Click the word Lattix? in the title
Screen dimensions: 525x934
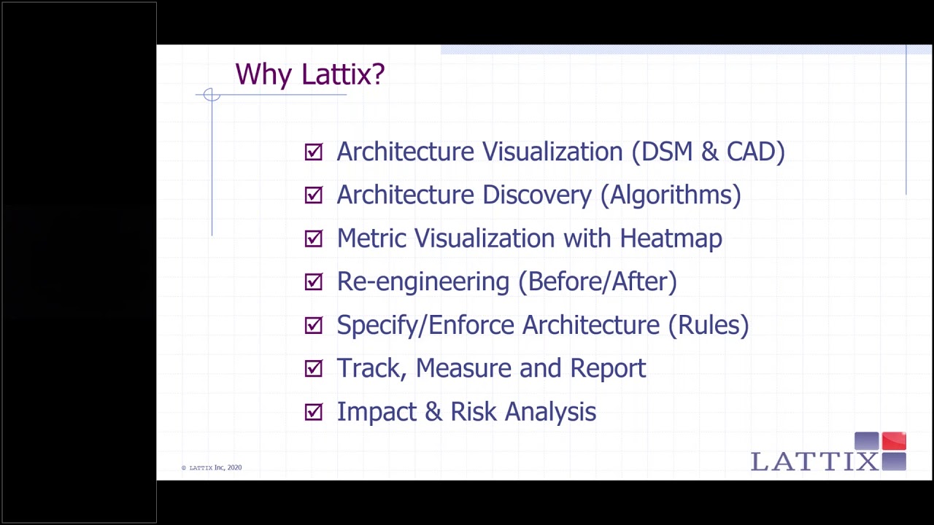(x=343, y=74)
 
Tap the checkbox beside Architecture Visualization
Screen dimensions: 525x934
(x=314, y=152)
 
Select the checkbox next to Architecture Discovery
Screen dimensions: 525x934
(x=314, y=195)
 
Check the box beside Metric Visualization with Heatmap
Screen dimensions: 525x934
(x=314, y=238)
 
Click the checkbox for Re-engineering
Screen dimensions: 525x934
(x=314, y=281)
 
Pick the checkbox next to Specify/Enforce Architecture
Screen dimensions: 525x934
(x=314, y=325)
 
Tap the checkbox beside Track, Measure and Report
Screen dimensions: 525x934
(x=314, y=368)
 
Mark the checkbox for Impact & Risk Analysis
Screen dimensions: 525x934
(x=314, y=412)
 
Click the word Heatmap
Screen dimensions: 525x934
(x=671, y=238)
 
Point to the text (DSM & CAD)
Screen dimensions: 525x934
(x=708, y=152)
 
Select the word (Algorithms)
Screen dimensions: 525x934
(x=671, y=195)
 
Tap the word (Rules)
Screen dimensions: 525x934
(x=708, y=325)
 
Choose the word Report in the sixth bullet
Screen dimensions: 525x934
(x=608, y=368)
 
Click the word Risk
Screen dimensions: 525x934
(x=474, y=412)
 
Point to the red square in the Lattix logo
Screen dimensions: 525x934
(x=894, y=441)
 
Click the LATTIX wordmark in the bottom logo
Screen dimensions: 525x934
(x=814, y=462)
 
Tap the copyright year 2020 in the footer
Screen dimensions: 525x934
(x=234, y=467)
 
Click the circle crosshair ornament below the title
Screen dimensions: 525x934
(x=212, y=95)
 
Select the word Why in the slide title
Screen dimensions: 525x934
(x=264, y=74)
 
